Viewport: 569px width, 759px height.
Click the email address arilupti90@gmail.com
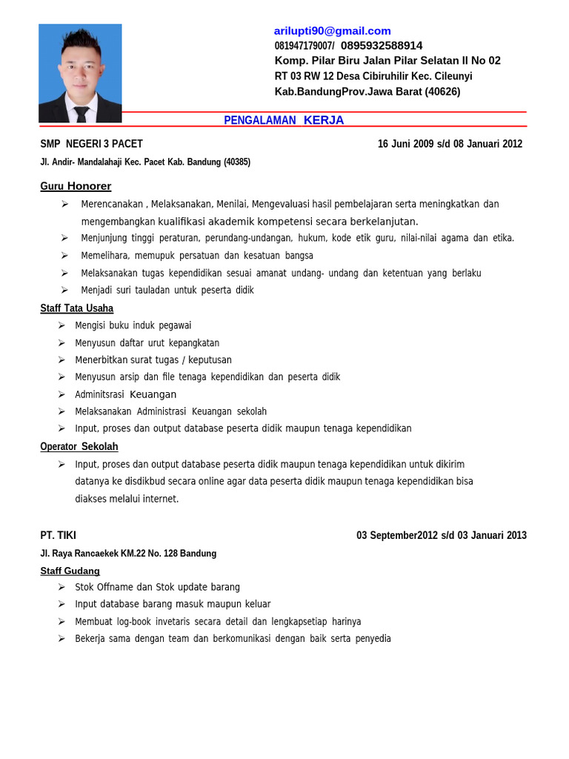click(x=332, y=30)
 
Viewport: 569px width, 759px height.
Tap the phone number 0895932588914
click(x=382, y=45)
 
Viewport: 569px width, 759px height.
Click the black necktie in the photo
click(x=81, y=113)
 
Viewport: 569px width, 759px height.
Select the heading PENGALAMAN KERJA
click(x=284, y=120)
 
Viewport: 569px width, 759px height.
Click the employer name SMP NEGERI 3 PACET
click(x=91, y=144)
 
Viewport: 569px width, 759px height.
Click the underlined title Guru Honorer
click(x=76, y=186)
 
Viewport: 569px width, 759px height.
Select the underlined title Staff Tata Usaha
click(x=76, y=308)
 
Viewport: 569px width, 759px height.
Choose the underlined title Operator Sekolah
click(x=79, y=447)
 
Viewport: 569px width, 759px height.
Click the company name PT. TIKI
click(x=58, y=535)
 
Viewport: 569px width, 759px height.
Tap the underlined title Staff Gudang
click(x=70, y=571)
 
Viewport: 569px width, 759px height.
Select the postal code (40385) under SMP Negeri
click(x=236, y=162)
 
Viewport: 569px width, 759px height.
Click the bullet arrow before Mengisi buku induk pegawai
click(x=61, y=325)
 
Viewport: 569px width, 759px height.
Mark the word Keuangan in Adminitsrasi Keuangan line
click(x=153, y=394)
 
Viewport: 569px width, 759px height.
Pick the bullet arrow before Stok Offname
click(x=61, y=587)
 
